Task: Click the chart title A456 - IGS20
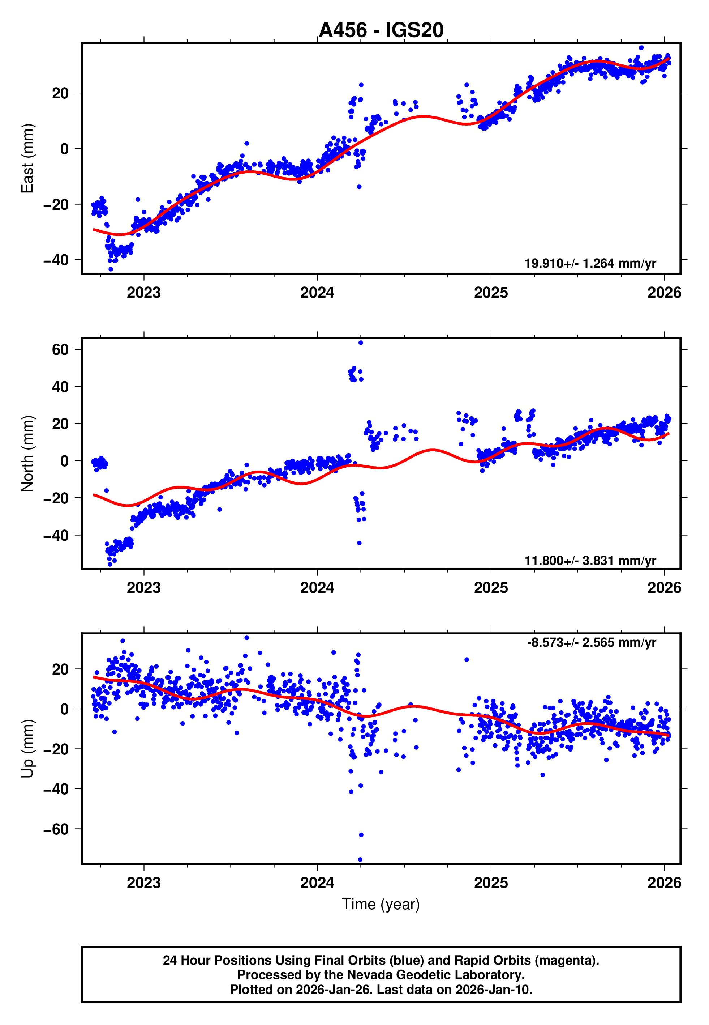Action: pos(381,30)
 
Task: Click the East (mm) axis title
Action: pos(27,158)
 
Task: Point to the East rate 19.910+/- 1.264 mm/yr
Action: pos(590,263)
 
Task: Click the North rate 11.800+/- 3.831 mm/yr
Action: pos(590,561)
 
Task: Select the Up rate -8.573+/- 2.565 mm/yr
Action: pos(591,642)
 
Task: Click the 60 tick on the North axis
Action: pos(60,349)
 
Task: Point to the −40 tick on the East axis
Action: pos(56,260)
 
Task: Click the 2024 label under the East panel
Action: pos(317,293)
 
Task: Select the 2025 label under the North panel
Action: pos(490,588)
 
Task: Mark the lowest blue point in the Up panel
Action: pos(360,860)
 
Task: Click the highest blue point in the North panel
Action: pos(361,343)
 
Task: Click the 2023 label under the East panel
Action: pos(143,293)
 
